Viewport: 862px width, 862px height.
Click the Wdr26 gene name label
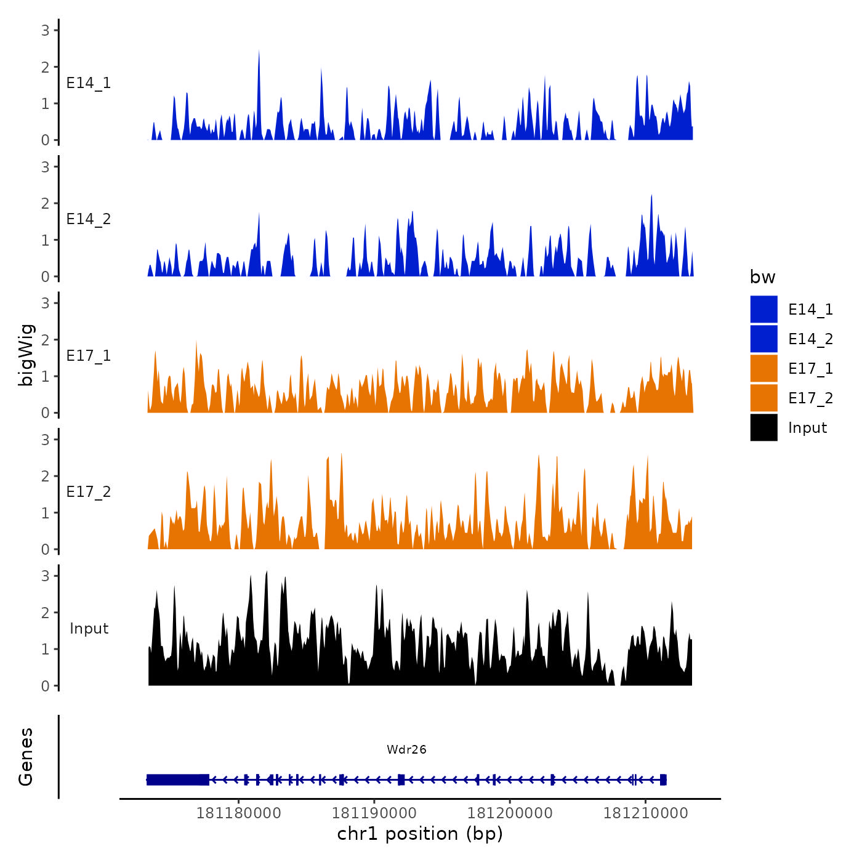pyautogui.click(x=406, y=749)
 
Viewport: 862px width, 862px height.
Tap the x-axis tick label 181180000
pyautogui.click(x=238, y=813)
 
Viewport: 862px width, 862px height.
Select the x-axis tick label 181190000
pyautogui.click(x=374, y=813)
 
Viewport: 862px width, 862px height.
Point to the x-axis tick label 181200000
pyautogui.click(x=510, y=813)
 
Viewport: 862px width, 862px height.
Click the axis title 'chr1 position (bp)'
pyautogui.click(x=420, y=834)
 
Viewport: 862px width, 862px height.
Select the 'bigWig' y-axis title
pyautogui.click(x=26, y=355)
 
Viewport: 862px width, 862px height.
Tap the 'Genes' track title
pyautogui.click(x=26, y=757)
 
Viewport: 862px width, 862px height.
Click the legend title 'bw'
pyautogui.click(x=762, y=277)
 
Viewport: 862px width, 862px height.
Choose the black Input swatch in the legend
pyautogui.click(x=763, y=427)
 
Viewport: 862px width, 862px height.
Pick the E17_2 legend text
pyautogui.click(x=810, y=398)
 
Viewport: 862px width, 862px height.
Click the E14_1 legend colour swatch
pyautogui.click(x=763, y=309)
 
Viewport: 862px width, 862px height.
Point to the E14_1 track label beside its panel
pyautogui.click(x=89, y=83)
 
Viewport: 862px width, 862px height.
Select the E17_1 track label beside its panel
pyautogui.click(x=89, y=356)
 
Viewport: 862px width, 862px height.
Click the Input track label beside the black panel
pyautogui.click(x=89, y=629)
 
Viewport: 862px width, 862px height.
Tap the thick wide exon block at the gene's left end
pyautogui.click(x=177, y=779)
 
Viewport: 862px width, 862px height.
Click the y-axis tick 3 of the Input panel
pyautogui.click(x=45, y=576)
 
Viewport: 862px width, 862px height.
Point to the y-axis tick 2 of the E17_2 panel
pyautogui.click(x=45, y=476)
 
